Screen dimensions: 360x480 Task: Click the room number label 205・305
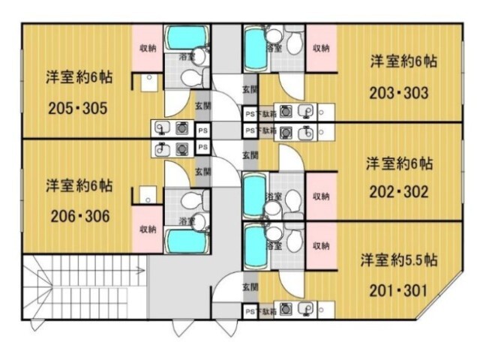click(77, 108)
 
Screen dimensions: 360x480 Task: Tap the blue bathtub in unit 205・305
click(186, 37)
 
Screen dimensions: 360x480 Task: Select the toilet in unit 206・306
click(196, 200)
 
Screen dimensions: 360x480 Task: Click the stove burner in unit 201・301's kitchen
click(286, 309)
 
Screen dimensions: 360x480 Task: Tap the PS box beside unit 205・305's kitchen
click(202, 130)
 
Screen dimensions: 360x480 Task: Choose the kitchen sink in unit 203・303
click(305, 112)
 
